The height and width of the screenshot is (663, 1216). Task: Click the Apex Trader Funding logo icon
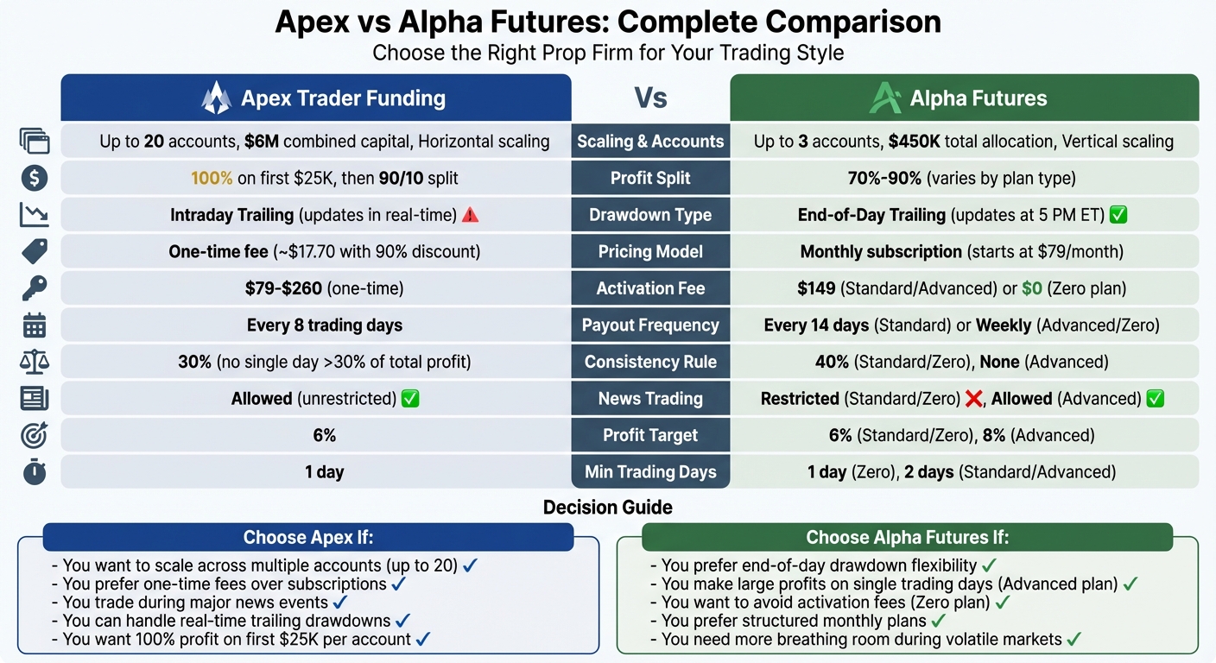(216, 98)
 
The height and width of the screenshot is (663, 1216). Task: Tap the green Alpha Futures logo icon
(885, 98)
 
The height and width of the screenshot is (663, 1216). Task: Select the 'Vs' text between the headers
(650, 98)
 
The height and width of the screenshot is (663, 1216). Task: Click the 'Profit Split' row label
(650, 179)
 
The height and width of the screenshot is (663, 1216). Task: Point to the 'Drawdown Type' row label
(650, 215)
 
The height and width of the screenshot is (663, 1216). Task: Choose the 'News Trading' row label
(650, 399)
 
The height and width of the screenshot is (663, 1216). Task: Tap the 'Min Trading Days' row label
(650, 472)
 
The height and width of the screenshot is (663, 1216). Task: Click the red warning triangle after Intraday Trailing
(471, 215)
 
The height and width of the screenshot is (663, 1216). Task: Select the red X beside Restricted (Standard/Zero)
(974, 399)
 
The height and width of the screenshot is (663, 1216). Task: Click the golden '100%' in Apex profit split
(212, 179)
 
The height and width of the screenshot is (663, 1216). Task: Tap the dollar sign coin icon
(35, 179)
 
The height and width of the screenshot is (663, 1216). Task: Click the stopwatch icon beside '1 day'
(35, 472)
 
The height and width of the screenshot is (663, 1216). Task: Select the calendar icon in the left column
(35, 325)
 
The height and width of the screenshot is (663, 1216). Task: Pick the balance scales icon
(35, 363)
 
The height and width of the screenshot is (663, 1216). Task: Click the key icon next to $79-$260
(35, 288)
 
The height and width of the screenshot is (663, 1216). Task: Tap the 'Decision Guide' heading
(607, 508)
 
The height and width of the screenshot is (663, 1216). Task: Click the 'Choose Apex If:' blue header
(308, 538)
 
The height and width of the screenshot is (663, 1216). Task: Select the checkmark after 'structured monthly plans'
(938, 621)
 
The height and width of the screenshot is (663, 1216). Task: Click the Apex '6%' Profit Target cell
(325, 436)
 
